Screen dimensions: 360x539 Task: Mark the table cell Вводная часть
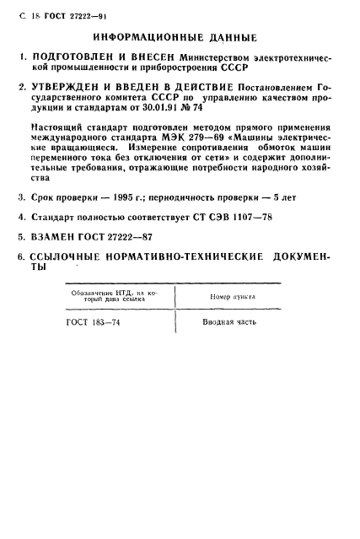pyautogui.click(x=230, y=322)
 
